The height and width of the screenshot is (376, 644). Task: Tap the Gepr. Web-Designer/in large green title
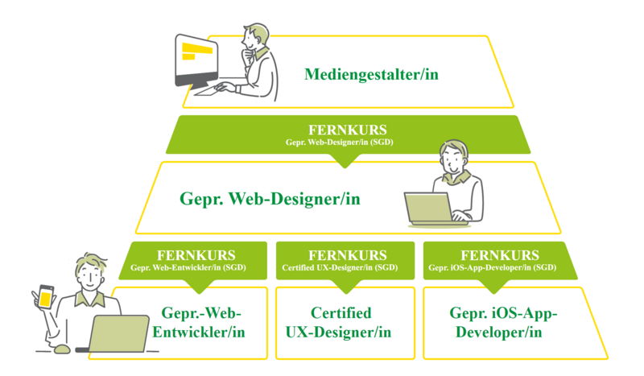point(270,198)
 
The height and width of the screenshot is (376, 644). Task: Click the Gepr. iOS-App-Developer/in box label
point(504,322)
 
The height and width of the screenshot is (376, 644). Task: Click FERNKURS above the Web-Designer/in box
point(348,130)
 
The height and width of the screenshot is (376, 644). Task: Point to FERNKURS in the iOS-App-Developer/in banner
point(501,255)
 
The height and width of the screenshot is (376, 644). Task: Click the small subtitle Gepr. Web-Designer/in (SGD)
point(348,142)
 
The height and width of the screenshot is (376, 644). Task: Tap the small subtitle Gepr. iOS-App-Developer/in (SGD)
point(493,267)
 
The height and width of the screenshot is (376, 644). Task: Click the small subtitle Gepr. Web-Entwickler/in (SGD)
point(196,267)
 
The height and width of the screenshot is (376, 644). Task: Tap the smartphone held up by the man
point(45,298)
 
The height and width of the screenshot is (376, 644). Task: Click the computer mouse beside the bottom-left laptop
point(61,349)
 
